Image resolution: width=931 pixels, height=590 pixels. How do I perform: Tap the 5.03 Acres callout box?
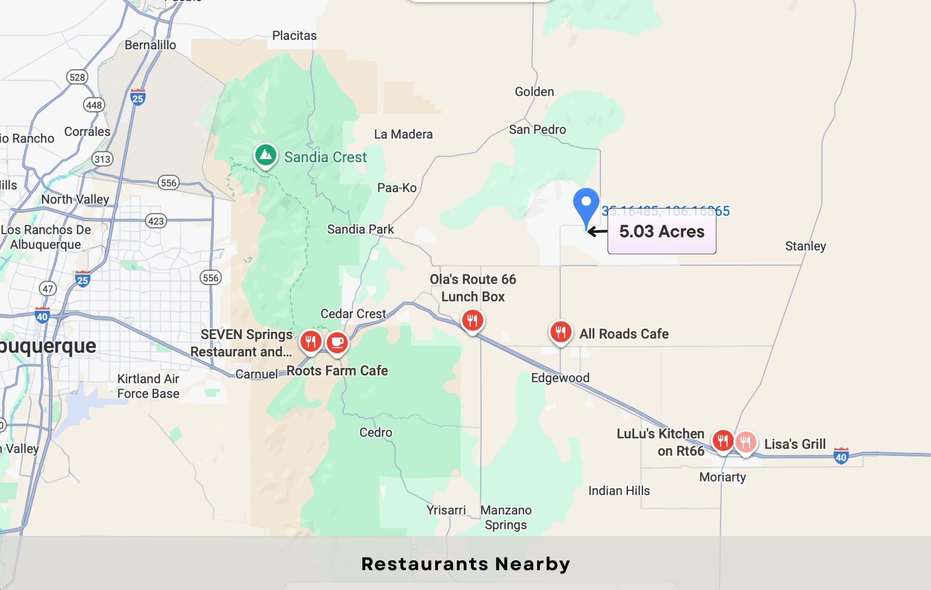[x=662, y=232]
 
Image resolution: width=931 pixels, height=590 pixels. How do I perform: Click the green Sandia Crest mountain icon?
[x=266, y=155]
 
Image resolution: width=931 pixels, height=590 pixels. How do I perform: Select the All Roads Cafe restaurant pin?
[x=560, y=332]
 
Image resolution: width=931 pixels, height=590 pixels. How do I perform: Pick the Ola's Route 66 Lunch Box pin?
[x=472, y=320]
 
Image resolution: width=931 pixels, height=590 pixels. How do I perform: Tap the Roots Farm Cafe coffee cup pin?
[x=337, y=342]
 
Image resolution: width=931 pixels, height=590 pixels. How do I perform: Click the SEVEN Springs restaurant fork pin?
[x=310, y=341]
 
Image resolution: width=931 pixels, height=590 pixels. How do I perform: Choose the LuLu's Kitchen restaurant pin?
[x=723, y=440]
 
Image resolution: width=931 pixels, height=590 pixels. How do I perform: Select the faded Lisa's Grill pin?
[x=745, y=441]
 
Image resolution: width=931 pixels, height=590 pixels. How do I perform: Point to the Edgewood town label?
[x=560, y=377]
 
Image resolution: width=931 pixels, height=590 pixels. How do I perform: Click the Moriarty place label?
[x=722, y=477]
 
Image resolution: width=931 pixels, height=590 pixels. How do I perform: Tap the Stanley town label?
[x=805, y=246]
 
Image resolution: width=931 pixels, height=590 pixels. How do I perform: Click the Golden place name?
[x=534, y=92]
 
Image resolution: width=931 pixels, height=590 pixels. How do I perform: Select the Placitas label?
[x=294, y=36]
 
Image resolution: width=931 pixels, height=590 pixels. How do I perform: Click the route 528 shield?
[x=77, y=77]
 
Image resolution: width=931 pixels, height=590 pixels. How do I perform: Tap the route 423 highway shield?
[x=156, y=221]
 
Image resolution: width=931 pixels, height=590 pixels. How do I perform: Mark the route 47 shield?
[x=48, y=288]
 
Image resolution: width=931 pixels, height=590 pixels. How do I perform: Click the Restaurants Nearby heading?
[x=465, y=564]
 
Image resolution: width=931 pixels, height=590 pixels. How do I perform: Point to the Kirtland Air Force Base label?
[x=148, y=386]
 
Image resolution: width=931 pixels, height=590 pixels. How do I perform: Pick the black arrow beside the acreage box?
[x=597, y=232]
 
